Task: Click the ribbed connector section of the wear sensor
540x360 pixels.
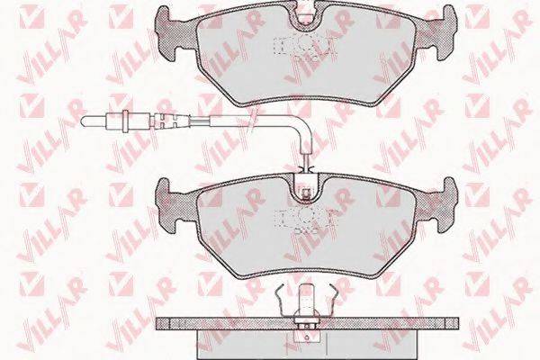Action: click(x=169, y=121)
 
